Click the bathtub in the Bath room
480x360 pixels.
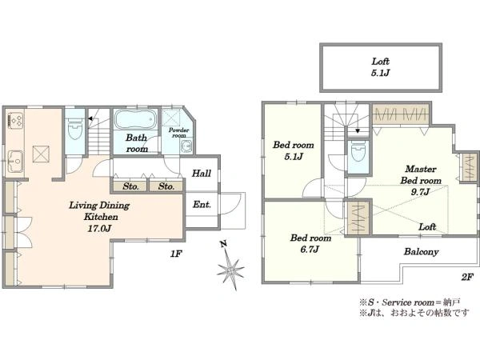[136, 119]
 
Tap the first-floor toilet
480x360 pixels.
[74, 131]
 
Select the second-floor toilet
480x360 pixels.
[358, 153]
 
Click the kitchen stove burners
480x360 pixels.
[14, 120]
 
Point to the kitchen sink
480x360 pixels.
[14, 159]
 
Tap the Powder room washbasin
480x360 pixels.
[186, 146]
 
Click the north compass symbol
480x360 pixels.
[230, 266]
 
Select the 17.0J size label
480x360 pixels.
[99, 228]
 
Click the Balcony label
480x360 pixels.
[421, 252]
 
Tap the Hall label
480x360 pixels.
[202, 174]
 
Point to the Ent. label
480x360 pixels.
[202, 204]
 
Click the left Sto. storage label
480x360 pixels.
[130, 186]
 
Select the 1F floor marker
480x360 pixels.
[176, 254]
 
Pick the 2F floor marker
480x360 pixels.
[467, 278]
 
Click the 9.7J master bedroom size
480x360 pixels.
[420, 192]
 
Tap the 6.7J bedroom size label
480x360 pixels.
[310, 250]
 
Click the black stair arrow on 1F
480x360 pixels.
[90, 118]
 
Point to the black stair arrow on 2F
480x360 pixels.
[358, 131]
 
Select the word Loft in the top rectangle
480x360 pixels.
[381, 62]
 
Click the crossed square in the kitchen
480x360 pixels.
[41, 154]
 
